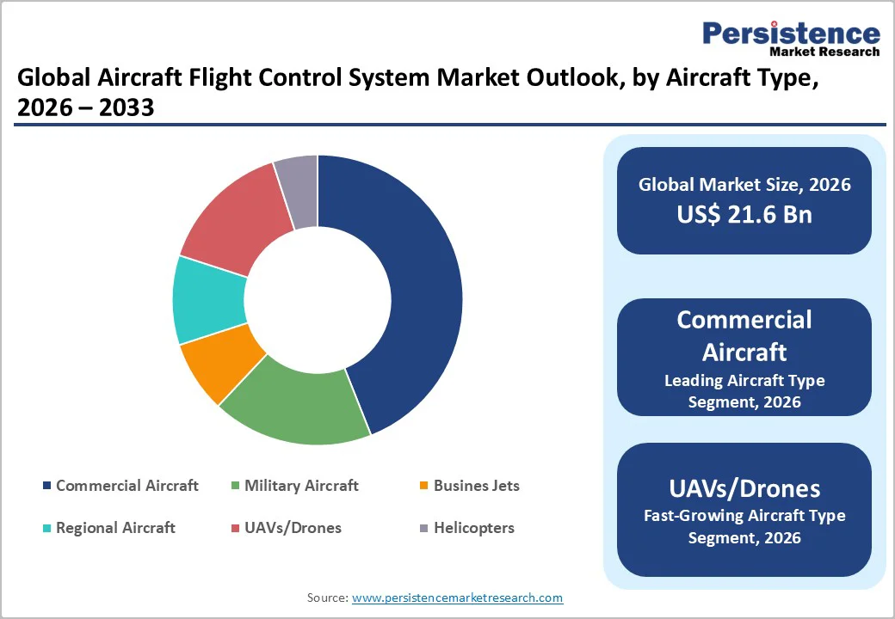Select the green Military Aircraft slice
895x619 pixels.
[x=293, y=404]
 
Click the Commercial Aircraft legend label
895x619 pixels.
[x=127, y=486]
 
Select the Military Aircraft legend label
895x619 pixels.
[x=301, y=486]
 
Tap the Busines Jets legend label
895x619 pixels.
[x=476, y=486]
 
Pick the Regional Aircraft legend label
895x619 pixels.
[x=115, y=528]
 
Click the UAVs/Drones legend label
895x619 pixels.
[x=293, y=528]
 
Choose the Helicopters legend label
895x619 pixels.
[x=473, y=528]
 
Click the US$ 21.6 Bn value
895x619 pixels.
[x=744, y=214]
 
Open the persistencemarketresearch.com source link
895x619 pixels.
[x=457, y=598]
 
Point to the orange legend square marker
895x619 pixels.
[x=423, y=487]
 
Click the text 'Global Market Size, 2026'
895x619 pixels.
[x=744, y=184]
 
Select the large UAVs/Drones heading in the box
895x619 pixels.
[x=744, y=488]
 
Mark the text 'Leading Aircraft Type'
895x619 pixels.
[x=744, y=380]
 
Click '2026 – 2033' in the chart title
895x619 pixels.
[x=86, y=107]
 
